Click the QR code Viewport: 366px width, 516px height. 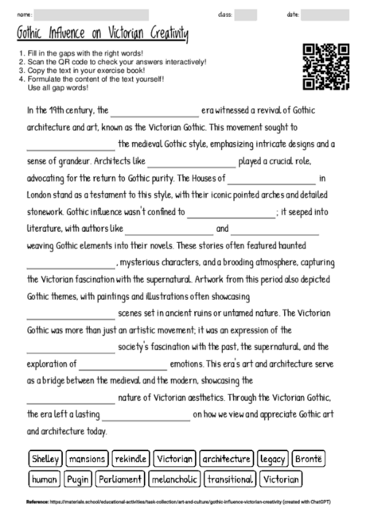coord(326,67)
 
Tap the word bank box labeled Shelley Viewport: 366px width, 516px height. coord(45,459)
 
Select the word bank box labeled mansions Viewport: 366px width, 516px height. coord(87,459)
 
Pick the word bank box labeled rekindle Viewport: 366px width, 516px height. coord(130,459)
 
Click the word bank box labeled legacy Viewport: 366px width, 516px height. coord(273,459)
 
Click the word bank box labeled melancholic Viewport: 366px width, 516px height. coord(176,479)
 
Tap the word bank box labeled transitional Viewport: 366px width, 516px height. coord(230,479)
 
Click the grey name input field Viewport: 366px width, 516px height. coord(91,14)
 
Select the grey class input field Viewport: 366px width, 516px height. coord(246,14)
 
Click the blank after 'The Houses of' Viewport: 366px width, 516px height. coord(271,179)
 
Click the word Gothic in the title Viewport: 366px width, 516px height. coord(33,34)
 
